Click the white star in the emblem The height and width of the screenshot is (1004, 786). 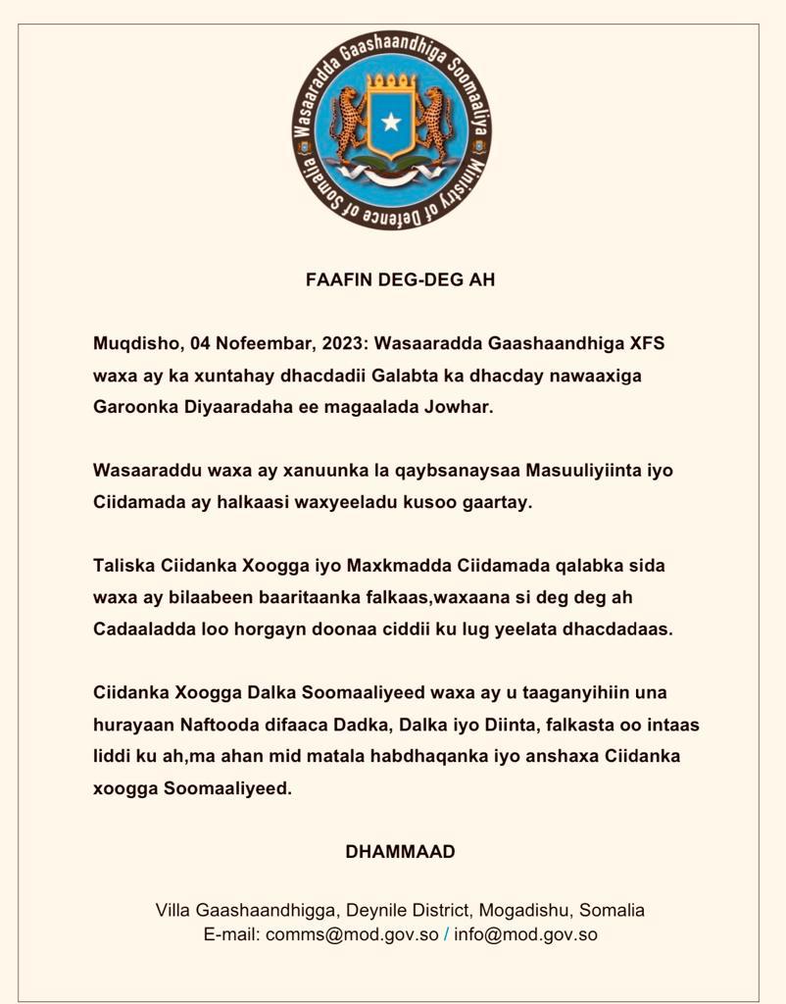[x=392, y=122]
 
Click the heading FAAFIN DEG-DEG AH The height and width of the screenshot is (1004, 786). [x=400, y=279]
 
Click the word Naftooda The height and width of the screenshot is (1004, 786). [x=209, y=725]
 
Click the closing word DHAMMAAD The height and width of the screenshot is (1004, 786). [x=400, y=852]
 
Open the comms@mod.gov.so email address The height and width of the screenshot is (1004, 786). [x=352, y=934]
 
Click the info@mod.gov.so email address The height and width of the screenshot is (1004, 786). [x=525, y=934]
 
